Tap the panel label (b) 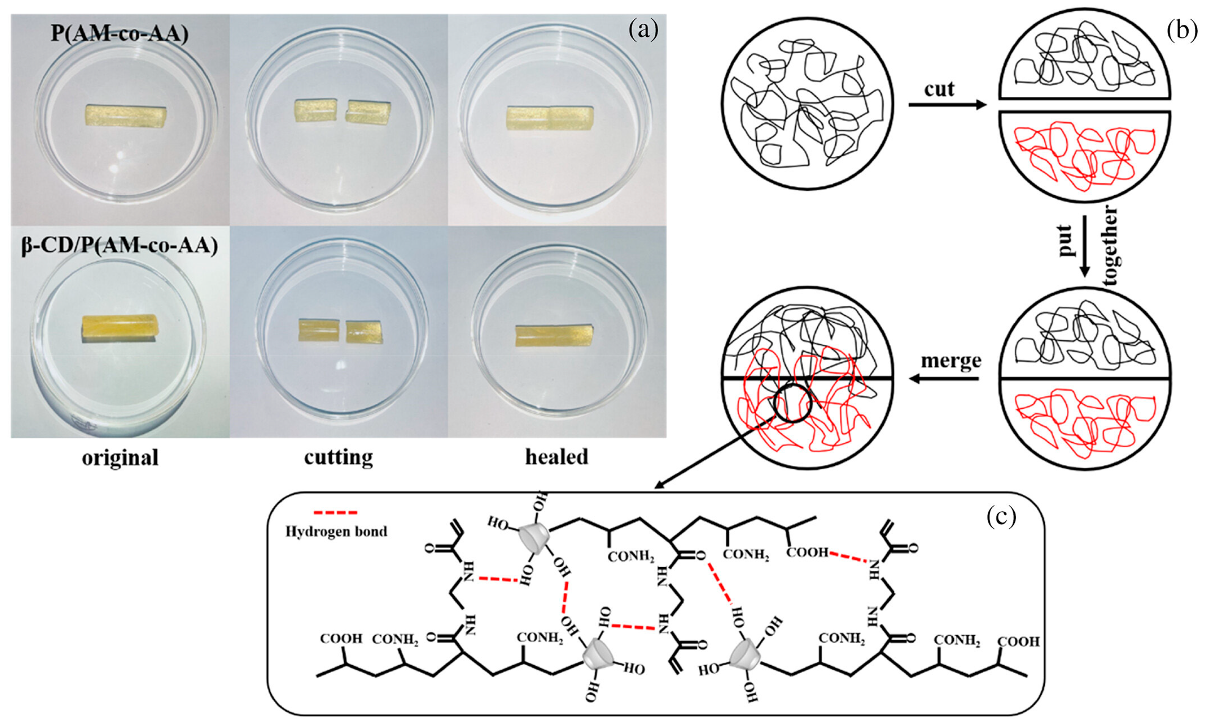1182,30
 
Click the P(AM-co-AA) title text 120,35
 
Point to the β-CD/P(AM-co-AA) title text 120,246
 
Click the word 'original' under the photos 120,458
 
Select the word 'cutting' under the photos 339,458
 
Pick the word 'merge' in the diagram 951,361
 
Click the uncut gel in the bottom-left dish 120,329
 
